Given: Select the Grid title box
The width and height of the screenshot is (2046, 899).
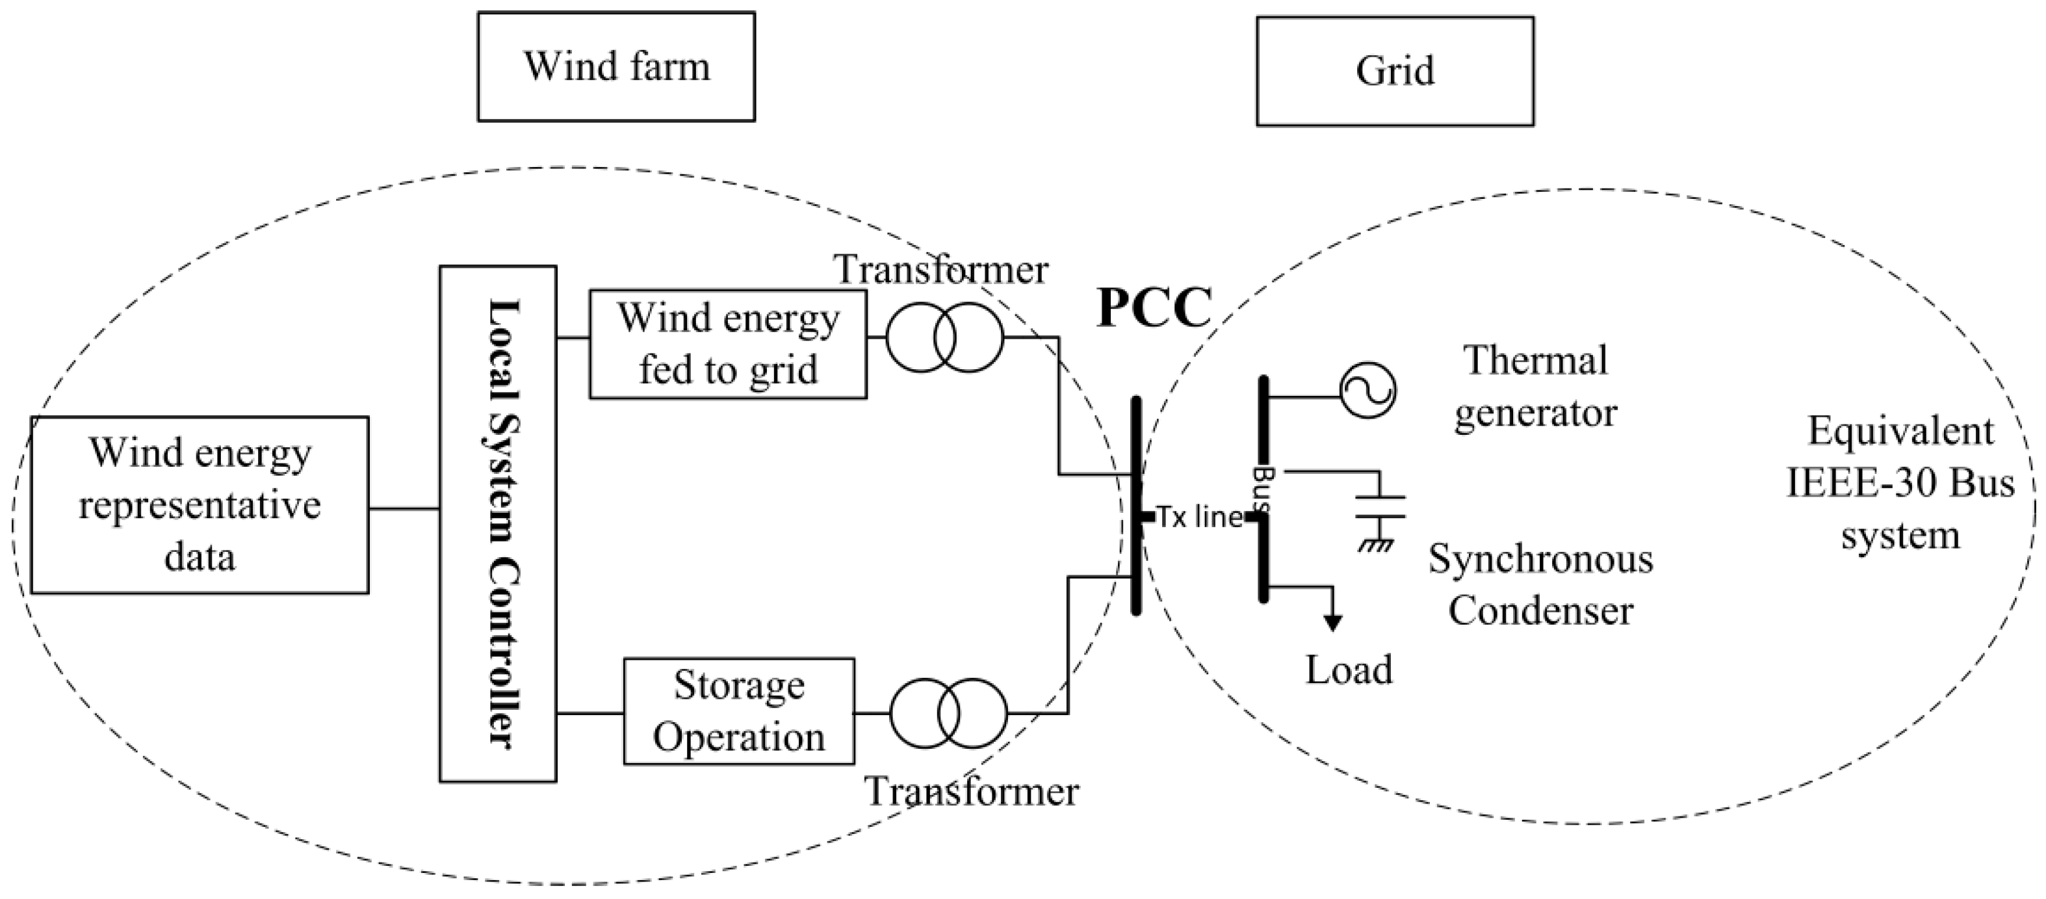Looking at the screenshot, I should (x=1394, y=72).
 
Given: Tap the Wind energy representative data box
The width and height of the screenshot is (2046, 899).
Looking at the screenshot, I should (x=200, y=504).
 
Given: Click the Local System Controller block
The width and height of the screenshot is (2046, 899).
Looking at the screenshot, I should (x=498, y=523).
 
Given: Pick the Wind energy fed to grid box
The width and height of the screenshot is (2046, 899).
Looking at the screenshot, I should (x=727, y=344).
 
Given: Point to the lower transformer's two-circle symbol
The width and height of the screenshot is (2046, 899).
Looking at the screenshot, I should (x=948, y=713).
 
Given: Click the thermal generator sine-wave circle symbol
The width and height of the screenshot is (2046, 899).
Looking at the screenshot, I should (x=1367, y=390).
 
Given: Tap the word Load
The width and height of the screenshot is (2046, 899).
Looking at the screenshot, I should (x=1349, y=670).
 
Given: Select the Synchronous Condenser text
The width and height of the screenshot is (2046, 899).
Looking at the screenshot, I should (x=1540, y=584).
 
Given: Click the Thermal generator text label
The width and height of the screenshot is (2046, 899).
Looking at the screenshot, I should (x=1535, y=386).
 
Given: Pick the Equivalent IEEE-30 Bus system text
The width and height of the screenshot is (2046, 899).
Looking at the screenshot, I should (x=1900, y=483).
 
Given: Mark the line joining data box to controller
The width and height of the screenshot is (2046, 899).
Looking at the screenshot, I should (x=404, y=508).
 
